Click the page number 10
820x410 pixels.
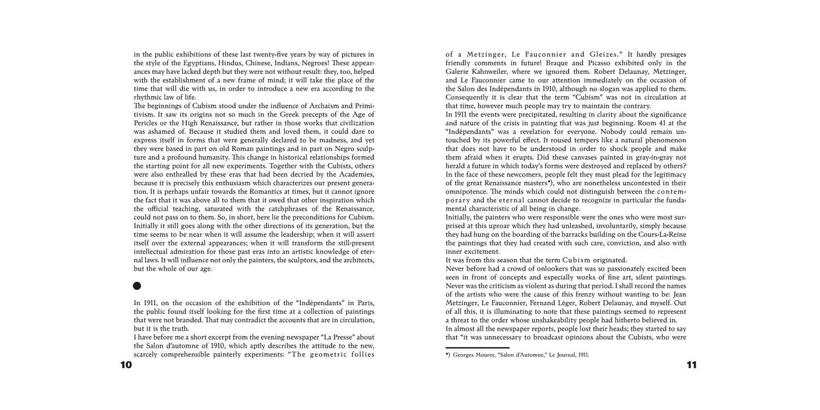(x=126, y=365)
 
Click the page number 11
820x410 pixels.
(x=692, y=365)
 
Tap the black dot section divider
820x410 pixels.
(x=137, y=285)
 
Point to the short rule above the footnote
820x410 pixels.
(x=477, y=348)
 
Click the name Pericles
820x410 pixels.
(x=147, y=124)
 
